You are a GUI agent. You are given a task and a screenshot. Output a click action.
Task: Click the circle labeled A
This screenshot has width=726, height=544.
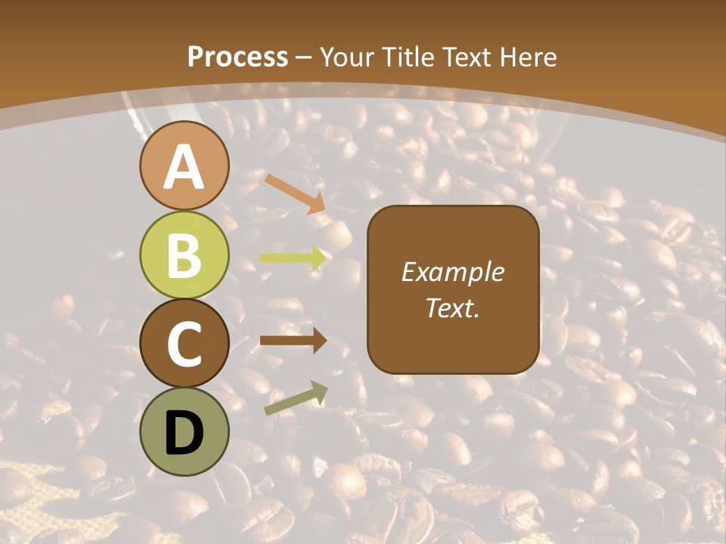(184, 165)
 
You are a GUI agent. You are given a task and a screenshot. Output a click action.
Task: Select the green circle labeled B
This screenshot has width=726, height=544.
(184, 255)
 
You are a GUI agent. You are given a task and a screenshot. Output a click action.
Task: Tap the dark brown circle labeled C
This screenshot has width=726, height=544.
(184, 343)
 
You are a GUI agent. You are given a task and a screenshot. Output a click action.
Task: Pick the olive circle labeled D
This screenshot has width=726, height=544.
(184, 431)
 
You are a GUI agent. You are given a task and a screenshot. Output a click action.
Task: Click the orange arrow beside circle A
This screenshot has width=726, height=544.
(295, 193)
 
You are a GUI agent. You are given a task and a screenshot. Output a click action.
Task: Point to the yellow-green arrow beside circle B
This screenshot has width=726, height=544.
(293, 258)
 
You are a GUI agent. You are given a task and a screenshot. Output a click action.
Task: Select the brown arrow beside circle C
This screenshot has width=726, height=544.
(293, 341)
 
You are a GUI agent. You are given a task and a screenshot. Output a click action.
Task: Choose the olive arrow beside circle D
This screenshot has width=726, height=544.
(296, 398)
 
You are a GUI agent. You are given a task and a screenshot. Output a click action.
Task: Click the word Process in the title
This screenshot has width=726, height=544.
(237, 57)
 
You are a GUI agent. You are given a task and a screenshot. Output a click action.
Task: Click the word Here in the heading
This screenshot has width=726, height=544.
(529, 57)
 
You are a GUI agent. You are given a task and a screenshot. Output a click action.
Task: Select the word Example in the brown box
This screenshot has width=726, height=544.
(452, 272)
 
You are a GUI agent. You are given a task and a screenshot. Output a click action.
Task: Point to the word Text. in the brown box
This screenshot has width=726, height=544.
(452, 308)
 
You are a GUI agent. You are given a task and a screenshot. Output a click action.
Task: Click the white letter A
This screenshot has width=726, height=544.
(184, 167)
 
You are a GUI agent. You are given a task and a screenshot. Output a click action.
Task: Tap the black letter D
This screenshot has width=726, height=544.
(184, 432)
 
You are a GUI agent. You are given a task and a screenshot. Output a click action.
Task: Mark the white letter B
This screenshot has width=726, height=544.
(184, 255)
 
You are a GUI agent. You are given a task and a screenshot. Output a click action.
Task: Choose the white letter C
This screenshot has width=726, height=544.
(184, 344)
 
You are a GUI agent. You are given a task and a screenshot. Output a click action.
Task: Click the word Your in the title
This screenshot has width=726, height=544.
(346, 57)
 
